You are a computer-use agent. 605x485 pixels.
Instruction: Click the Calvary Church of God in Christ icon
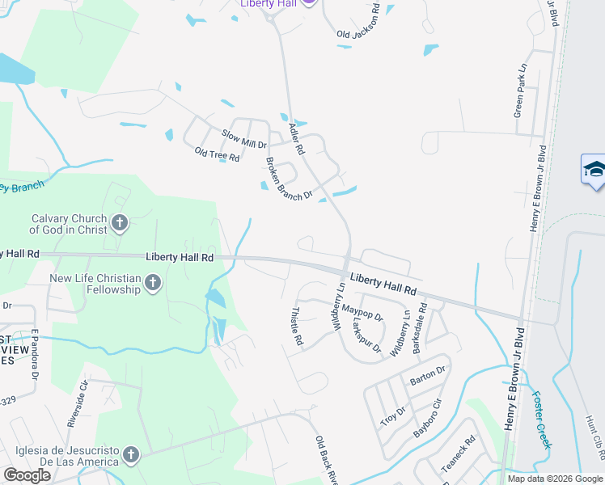pos(120,222)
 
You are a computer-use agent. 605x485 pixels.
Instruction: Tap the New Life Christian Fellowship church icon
pos(152,283)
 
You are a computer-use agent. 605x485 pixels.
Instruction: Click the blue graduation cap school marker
pos(594,170)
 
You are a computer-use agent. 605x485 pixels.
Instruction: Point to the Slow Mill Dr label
pos(244,138)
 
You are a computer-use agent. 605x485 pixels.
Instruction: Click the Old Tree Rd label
pos(218,154)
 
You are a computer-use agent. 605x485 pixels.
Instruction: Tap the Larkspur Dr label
pos(366,334)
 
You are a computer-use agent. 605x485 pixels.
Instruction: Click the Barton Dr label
pos(428,375)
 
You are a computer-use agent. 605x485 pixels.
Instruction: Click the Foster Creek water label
pos(541,420)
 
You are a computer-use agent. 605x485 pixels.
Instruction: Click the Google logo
pos(27,475)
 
